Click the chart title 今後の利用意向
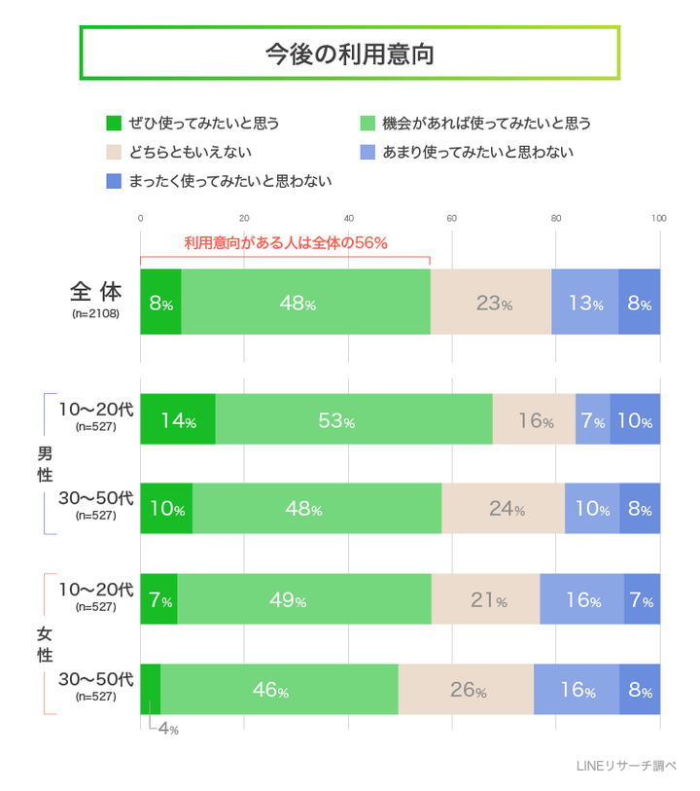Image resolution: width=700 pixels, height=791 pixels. pos(349,54)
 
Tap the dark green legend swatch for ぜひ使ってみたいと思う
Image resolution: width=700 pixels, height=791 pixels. pos(114,124)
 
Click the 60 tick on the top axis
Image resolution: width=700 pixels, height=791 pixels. pos(452,218)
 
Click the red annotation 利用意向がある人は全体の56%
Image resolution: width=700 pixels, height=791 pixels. pos(286,243)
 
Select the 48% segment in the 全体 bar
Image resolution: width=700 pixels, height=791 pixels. pos(305,302)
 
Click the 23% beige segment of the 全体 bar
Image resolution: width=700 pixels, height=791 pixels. pos(491,302)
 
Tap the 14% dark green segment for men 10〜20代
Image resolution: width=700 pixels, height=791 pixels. pos(178,420)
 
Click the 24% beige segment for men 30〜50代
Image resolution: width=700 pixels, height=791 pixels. pos(504,508)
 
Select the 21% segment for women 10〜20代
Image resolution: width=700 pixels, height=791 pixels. pos(485,599)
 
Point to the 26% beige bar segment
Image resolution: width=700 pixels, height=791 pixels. pos(466,689)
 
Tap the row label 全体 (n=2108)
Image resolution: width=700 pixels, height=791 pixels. pos(95,300)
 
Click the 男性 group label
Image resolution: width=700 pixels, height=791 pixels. pos(45,464)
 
